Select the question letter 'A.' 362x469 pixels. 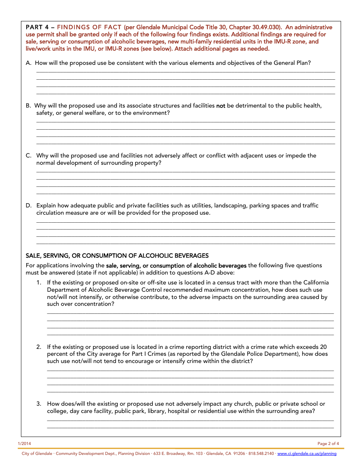tap(29, 63)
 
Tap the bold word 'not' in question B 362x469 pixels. tap(221, 106)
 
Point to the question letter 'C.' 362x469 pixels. tap(29, 156)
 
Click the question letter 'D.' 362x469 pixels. tap(29, 206)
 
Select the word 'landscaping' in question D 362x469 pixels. tap(230, 206)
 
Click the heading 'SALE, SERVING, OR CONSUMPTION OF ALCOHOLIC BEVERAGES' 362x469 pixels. tap(117, 256)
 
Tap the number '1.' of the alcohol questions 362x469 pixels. tap(39, 283)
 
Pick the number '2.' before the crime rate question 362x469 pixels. tap(39, 347)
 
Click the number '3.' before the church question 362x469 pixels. tap(39, 404)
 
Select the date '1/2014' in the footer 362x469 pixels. tap(24, 443)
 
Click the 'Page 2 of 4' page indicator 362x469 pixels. tap(328, 443)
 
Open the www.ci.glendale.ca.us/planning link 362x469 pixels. tap(307, 454)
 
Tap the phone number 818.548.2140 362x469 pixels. tap(261, 454)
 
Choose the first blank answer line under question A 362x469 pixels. tap(186, 71)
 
